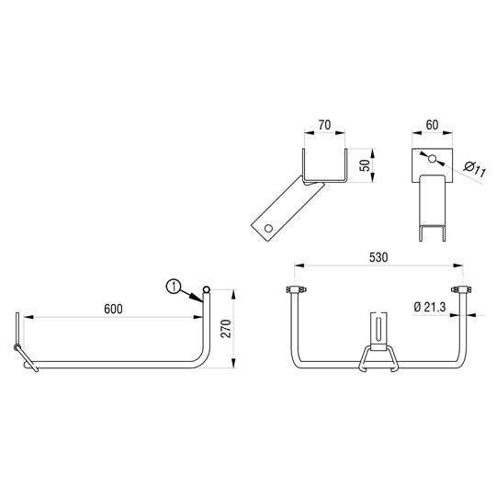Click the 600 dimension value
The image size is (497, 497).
pos(112,310)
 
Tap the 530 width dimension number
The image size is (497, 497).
pos(377,259)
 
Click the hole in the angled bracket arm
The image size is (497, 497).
pos(267,225)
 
